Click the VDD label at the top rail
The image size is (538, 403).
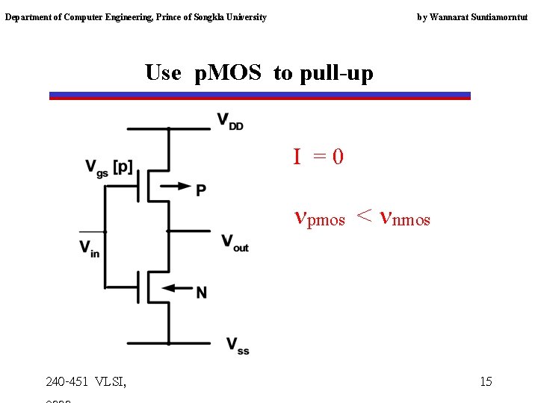click(230, 121)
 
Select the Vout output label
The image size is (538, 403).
click(235, 243)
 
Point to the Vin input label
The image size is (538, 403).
click(90, 249)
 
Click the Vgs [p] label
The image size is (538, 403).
click(108, 168)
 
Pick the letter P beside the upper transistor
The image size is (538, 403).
click(201, 190)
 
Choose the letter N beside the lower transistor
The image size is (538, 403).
click(201, 293)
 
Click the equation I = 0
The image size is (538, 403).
click(318, 157)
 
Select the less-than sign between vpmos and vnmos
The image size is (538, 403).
click(363, 216)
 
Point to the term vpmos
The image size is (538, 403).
click(320, 218)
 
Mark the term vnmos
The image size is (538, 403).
click(405, 218)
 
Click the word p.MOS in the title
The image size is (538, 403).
click(227, 72)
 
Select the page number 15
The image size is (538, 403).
click(486, 381)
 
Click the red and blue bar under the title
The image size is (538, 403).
click(259, 96)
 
